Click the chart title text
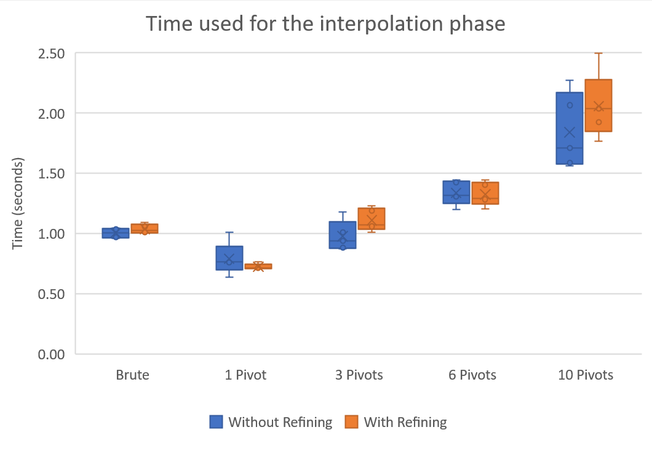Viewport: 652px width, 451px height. click(325, 24)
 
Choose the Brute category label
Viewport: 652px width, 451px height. click(132, 375)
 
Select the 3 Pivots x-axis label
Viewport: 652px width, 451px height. click(359, 375)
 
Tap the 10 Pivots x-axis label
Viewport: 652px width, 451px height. click(586, 375)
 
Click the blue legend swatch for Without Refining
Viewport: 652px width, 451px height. click(215, 422)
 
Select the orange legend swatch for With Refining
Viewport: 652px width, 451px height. click(351, 422)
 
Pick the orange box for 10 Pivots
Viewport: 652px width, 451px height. click(598, 105)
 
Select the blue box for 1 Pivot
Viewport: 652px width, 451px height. click(229, 258)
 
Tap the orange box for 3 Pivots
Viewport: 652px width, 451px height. click(372, 218)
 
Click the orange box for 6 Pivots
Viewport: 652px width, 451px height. click(485, 193)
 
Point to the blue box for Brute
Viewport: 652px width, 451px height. click(116, 233)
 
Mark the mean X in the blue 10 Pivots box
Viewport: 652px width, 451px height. click(570, 132)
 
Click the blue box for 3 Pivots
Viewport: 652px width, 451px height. click(343, 234)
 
